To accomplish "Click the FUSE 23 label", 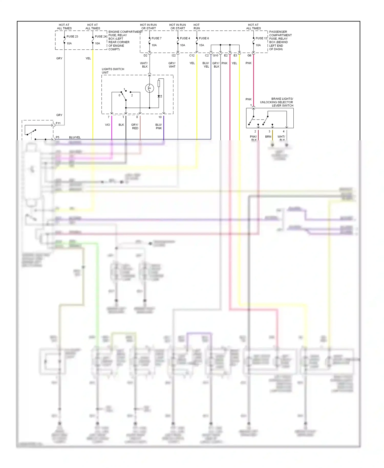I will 72,37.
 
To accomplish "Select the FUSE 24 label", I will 101,37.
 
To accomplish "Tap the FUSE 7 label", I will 156,38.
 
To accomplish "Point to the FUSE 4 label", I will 185,38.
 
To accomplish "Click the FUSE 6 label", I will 204,38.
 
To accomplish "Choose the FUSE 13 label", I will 261,38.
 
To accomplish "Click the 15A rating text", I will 201,45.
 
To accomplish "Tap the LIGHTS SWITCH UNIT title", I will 113,71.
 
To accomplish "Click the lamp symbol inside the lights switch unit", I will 150,88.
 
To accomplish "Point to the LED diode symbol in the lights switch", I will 159,96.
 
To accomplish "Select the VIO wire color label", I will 108,125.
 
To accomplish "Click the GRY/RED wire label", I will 135,126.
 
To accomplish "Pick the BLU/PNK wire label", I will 159,126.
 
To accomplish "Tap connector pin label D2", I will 145,56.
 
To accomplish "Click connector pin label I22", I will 174,56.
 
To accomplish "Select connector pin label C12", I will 192,56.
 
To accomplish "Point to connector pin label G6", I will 249,56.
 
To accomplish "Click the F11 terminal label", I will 58,123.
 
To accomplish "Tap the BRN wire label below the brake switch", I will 268,137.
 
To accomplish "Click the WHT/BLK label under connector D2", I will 144,65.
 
